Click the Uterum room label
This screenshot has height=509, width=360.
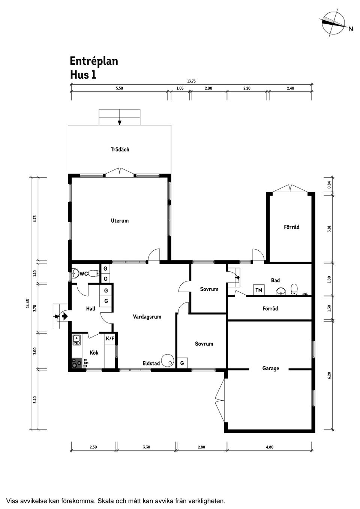point(120,221)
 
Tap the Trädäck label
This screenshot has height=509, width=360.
point(120,149)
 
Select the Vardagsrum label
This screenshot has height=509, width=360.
point(147,317)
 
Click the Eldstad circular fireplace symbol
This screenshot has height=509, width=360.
point(168,361)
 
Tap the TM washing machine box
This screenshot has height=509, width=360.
point(259,290)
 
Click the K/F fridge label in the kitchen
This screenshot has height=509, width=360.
point(110,339)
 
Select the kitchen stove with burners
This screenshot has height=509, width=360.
point(77,363)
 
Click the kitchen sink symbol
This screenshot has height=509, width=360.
point(76,340)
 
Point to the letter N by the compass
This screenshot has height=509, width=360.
point(351,29)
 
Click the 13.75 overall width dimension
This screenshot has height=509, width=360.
point(191,81)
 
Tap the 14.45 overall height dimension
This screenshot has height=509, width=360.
point(28,303)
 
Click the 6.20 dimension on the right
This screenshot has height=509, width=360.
point(329,375)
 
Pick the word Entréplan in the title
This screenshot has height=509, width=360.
point(94,61)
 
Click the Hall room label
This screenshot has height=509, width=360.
point(91,308)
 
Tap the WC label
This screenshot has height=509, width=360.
point(83,274)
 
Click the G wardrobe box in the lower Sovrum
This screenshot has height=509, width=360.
point(182,363)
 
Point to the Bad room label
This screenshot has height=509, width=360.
point(276,280)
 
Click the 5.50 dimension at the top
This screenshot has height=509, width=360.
point(119,88)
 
